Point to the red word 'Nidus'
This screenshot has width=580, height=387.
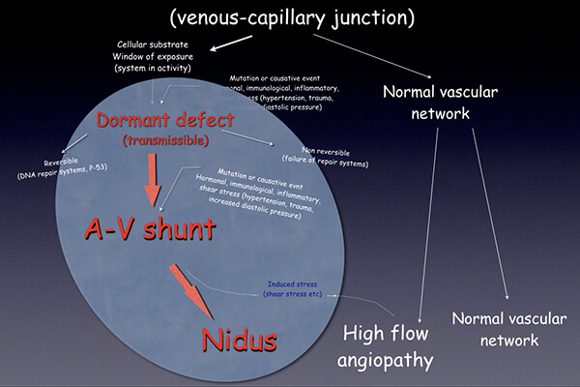[x=239, y=340]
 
